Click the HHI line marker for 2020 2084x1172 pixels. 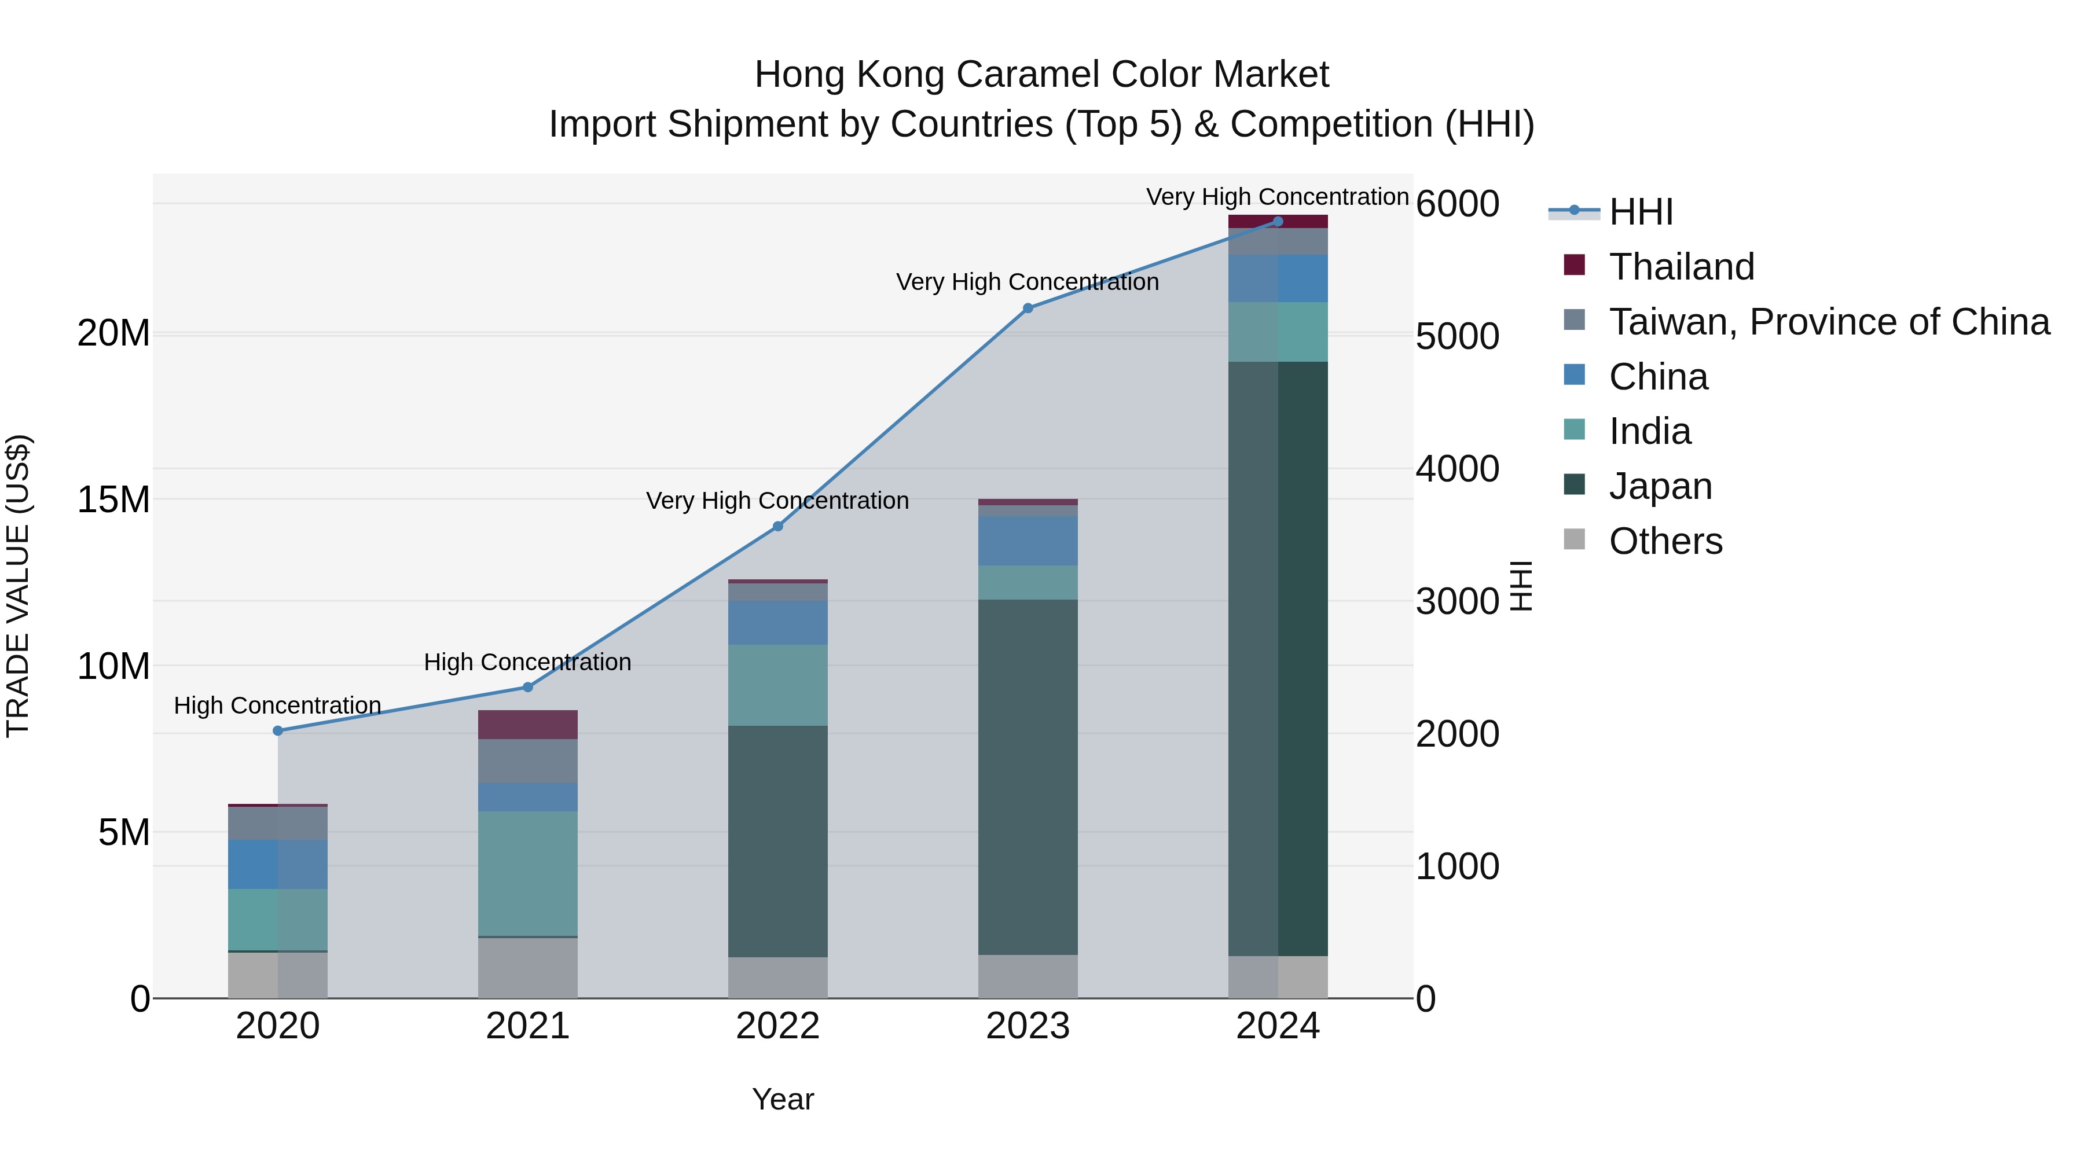pyautogui.click(x=277, y=730)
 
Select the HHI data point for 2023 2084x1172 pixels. pyautogui.click(x=1028, y=308)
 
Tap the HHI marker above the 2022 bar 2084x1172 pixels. pyautogui.click(x=777, y=527)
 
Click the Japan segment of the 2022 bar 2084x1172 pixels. pyautogui.click(x=777, y=841)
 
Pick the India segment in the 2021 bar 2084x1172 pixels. pyautogui.click(x=527, y=873)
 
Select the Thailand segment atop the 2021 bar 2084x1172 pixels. pyautogui.click(x=527, y=725)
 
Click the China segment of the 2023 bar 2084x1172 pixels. pyautogui.click(x=1028, y=541)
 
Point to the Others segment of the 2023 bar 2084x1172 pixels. pyautogui.click(x=1028, y=976)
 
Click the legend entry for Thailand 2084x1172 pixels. pyautogui.click(x=1681, y=267)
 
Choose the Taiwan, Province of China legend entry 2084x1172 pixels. pyautogui.click(x=1828, y=322)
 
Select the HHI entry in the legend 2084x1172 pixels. pyautogui.click(x=1641, y=212)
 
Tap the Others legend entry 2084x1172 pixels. pyautogui.click(x=1665, y=541)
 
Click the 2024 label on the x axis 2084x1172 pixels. pyautogui.click(x=1278, y=1026)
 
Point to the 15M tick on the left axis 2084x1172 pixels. pyautogui.click(x=113, y=500)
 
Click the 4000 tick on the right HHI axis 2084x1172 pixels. pyautogui.click(x=1457, y=469)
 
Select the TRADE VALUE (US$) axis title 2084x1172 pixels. pyautogui.click(x=18, y=586)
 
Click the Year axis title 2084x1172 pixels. pyautogui.click(x=782, y=1099)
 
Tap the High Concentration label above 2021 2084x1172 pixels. pyautogui.click(x=527, y=663)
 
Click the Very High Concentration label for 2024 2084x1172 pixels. pyautogui.click(x=1278, y=197)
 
